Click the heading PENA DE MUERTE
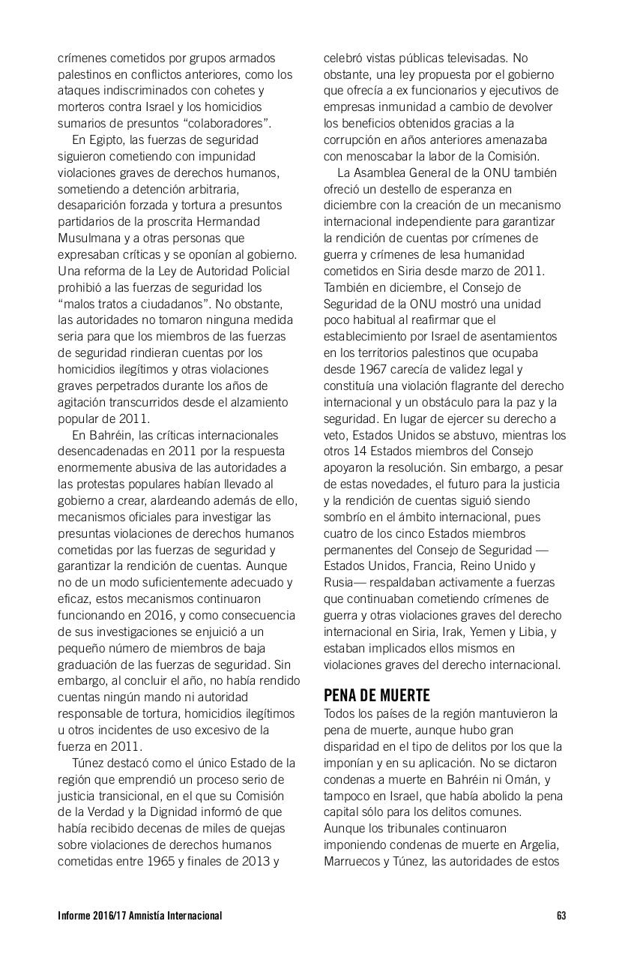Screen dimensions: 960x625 (x=376, y=695)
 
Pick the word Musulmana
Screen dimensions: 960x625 (x=88, y=238)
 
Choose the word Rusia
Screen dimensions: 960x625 (x=340, y=582)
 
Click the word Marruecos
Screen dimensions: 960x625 (x=352, y=861)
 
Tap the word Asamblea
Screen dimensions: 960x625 (x=381, y=172)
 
